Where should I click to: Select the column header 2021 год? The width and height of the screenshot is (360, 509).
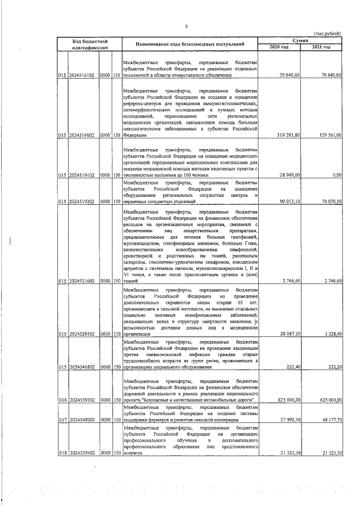click(322, 47)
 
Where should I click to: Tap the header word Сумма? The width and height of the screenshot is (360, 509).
click(300, 41)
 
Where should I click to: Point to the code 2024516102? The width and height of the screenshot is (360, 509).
click(82, 75)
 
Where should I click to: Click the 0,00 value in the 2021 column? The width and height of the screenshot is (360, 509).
click(337, 174)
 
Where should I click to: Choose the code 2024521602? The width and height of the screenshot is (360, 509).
click(82, 281)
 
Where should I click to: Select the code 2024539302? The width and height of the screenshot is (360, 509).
click(82, 400)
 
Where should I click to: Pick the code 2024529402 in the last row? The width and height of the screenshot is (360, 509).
click(82, 453)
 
